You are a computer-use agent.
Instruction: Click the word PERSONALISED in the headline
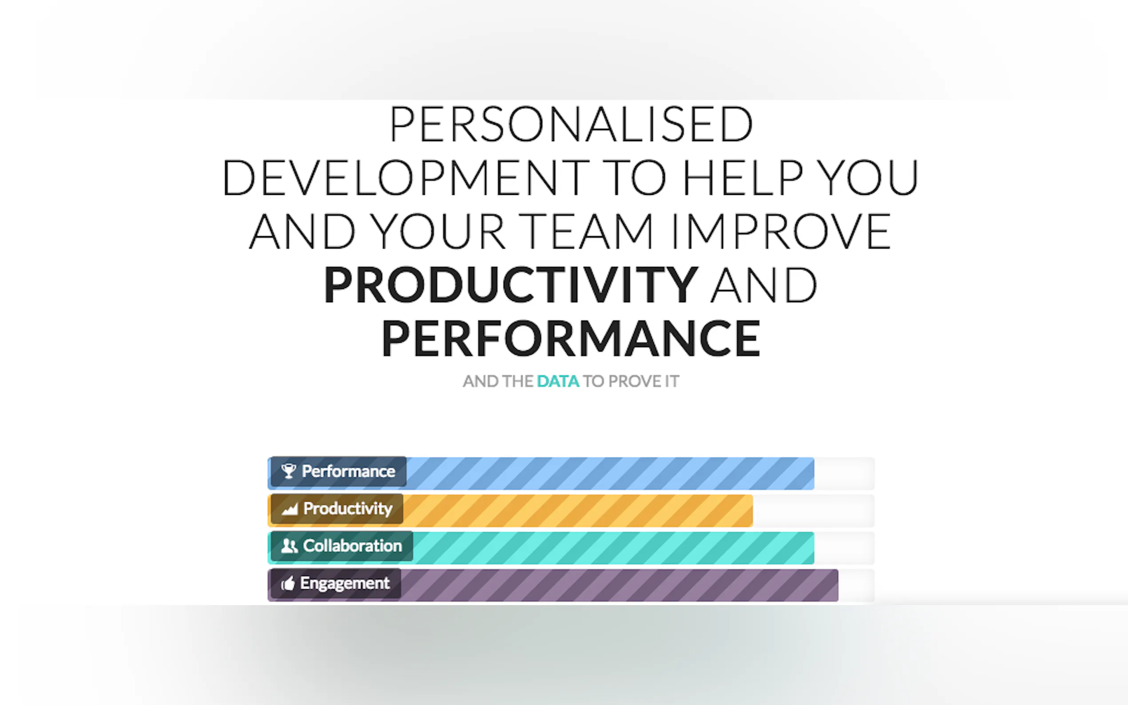point(571,124)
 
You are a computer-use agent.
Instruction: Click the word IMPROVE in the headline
point(781,231)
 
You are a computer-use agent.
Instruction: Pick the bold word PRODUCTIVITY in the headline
point(511,285)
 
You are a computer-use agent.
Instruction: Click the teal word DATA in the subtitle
point(558,381)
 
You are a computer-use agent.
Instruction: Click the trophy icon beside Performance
point(289,471)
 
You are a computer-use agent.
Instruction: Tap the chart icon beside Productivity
point(290,509)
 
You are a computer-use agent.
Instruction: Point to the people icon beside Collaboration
point(289,546)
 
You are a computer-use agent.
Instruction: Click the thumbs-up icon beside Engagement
point(288,583)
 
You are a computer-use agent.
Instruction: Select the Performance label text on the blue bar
point(348,471)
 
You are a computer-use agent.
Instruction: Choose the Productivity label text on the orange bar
point(348,509)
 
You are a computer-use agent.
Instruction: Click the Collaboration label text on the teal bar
point(353,546)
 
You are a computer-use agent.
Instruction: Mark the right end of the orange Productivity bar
point(752,511)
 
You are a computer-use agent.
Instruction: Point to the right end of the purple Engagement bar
point(838,585)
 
